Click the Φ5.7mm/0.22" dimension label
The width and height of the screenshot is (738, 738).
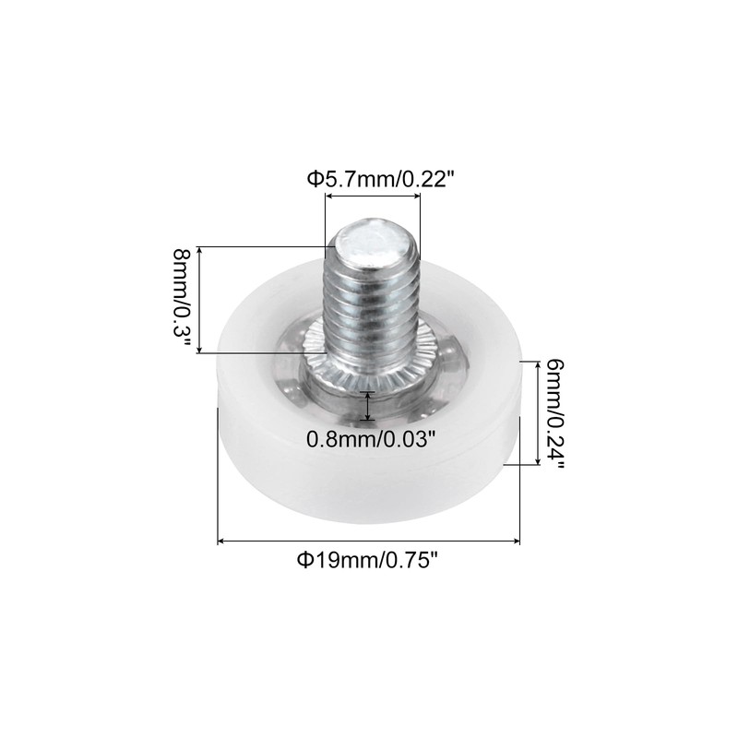[x=382, y=179]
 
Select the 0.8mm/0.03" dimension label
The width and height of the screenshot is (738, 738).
[x=370, y=439]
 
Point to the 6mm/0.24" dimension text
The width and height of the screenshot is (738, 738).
[x=553, y=413]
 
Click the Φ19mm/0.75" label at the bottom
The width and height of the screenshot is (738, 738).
[x=368, y=560]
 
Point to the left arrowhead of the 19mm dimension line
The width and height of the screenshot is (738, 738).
[x=222, y=541]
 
